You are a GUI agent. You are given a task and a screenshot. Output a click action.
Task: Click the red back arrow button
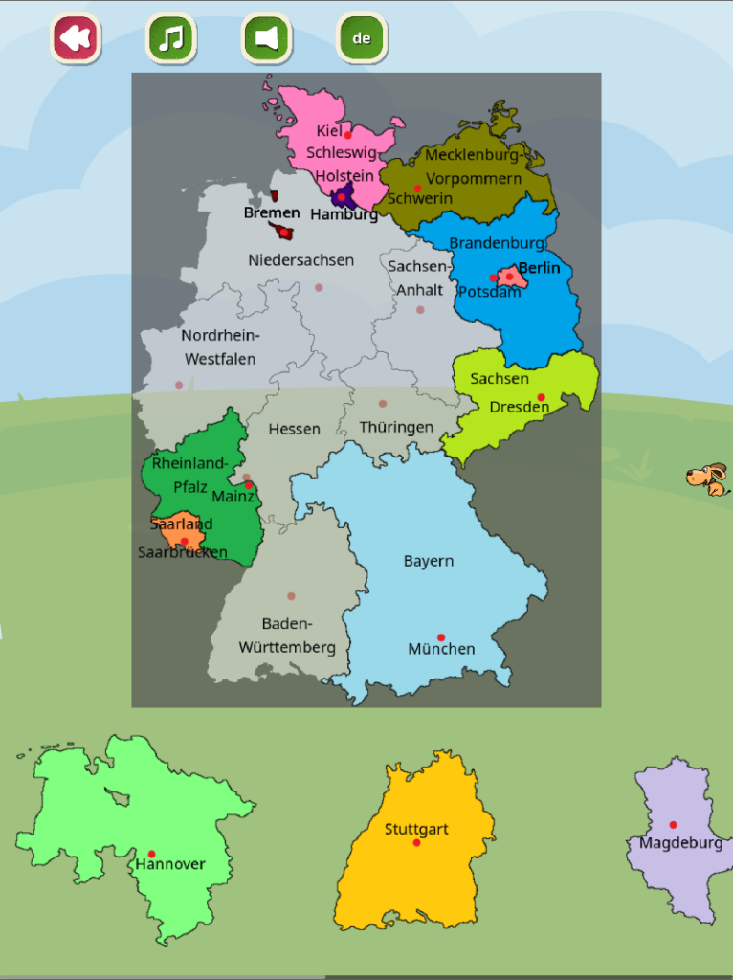76,39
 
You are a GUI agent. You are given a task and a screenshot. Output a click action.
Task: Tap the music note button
171,39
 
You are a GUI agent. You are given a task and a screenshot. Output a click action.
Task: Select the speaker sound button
266,39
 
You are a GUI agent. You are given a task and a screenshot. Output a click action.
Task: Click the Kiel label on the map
328,130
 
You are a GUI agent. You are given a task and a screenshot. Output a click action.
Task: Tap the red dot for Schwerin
417,188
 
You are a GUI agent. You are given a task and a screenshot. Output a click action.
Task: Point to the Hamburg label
344,215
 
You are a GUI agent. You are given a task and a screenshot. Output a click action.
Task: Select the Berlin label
539,268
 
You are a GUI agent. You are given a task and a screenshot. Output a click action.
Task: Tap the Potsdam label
489,291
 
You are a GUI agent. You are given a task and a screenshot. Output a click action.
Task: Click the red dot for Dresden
541,397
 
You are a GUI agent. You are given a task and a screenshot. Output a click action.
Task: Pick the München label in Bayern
441,649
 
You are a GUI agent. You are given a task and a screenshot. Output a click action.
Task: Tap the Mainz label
233,497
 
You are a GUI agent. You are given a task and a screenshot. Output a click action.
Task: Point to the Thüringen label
396,427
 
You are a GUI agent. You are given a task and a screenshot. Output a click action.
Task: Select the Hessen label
294,429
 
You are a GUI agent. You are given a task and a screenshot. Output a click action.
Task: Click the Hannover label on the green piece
170,864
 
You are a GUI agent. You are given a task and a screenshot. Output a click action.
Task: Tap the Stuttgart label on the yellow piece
416,829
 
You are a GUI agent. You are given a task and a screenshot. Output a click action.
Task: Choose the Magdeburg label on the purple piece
680,843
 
